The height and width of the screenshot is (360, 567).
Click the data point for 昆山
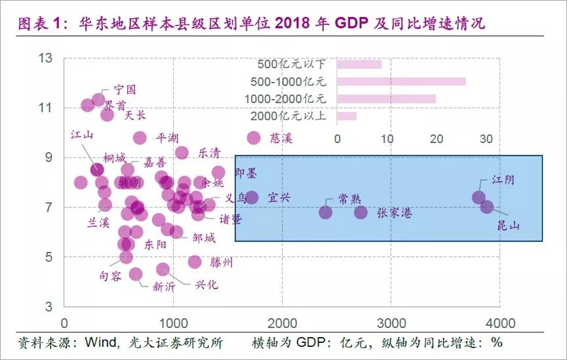coord(486,207)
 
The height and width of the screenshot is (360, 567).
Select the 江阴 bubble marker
coord(479,197)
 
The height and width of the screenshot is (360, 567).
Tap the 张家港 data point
coord(361,212)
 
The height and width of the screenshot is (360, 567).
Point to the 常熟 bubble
coord(326,212)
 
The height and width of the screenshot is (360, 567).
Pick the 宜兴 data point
coord(252,197)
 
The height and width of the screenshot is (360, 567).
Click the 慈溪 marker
coord(254,138)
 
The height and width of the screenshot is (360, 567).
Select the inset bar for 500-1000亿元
coord(401,81)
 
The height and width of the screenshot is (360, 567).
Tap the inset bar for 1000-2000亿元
coord(386,98)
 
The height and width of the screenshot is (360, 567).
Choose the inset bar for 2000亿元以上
coord(347,116)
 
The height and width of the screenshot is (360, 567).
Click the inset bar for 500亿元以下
coord(359,64)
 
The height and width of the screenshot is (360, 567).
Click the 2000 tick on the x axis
coord(282,323)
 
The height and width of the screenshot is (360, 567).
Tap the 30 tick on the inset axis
coord(486,139)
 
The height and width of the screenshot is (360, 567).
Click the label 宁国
coord(125,89)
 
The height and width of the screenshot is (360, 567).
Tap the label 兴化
coord(207,285)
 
